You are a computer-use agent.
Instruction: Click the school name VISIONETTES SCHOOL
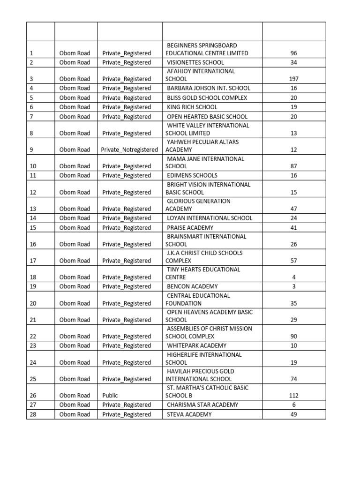(x=195, y=62)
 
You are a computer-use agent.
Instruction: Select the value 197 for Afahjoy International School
(x=294, y=79)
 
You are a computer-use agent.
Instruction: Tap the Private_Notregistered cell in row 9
(x=130, y=150)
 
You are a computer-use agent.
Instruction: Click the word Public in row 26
(x=110, y=395)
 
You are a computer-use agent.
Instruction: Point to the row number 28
(x=33, y=414)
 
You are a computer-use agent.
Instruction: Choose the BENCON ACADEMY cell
(x=192, y=286)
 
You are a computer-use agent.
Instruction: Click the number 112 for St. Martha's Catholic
(x=294, y=395)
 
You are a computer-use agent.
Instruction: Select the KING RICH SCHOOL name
(x=192, y=107)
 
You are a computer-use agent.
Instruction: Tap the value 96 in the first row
(x=294, y=53)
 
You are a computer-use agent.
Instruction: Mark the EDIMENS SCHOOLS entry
(x=192, y=175)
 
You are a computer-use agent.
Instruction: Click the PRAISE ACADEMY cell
(x=190, y=228)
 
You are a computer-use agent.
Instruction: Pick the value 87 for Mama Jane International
(x=294, y=166)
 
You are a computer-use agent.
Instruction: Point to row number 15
(x=33, y=228)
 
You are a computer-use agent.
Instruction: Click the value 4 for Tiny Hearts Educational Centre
(x=294, y=277)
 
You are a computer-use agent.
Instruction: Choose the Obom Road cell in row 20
(x=75, y=303)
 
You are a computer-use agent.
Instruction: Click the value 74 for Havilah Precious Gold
(x=294, y=379)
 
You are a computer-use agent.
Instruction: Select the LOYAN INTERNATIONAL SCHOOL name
(x=210, y=218)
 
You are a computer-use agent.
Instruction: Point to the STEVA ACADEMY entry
(x=189, y=414)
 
